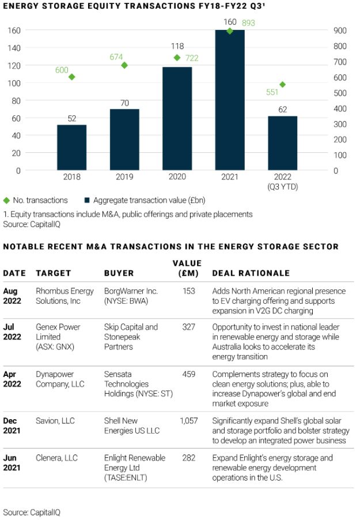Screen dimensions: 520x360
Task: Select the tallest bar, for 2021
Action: [x=230, y=100]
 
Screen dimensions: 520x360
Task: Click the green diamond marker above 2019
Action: [x=124, y=65]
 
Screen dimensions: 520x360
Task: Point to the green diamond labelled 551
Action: [x=282, y=85]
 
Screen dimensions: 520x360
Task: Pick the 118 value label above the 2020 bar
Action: [x=176, y=46]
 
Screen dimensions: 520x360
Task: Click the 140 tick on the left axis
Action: [x=14, y=48]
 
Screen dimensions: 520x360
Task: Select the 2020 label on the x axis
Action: [x=177, y=178]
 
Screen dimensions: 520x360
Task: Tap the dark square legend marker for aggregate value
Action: [x=88, y=201]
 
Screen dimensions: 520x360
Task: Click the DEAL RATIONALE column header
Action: [x=251, y=273]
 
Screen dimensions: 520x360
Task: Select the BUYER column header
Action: [x=119, y=273]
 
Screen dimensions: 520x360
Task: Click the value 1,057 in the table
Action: [x=188, y=421]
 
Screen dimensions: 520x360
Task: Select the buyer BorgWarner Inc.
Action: [x=130, y=292]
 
